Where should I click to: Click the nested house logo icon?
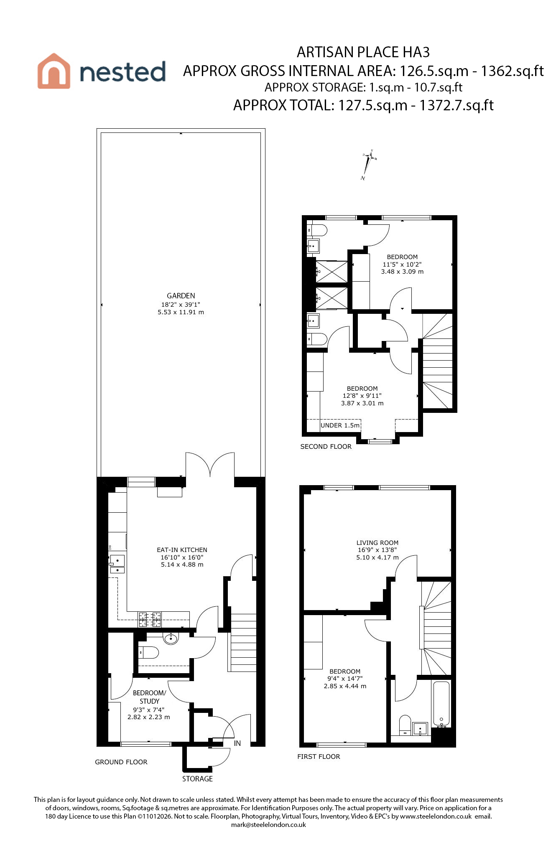[x=54, y=71]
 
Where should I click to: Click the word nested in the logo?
[x=122, y=72]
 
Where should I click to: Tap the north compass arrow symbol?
[x=368, y=165]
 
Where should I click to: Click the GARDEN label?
[x=181, y=296]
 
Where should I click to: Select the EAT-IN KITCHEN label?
[x=182, y=550]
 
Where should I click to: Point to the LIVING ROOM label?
[x=377, y=543]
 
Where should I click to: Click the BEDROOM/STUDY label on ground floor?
[x=149, y=697]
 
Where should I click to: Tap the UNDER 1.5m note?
[x=340, y=425]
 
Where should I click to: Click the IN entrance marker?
[x=237, y=743]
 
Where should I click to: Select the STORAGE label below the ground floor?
[x=197, y=779]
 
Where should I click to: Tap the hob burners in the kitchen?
[x=150, y=619]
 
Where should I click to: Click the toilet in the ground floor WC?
[x=148, y=652]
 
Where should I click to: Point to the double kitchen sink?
[x=117, y=564]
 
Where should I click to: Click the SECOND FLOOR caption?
[x=326, y=447]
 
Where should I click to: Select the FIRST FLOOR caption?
[x=319, y=757]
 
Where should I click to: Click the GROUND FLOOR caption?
[x=121, y=762]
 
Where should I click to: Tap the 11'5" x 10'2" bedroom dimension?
[x=402, y=265]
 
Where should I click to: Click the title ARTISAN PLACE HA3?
[x=363, y=52]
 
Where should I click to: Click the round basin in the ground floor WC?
[x=171, y=638]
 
